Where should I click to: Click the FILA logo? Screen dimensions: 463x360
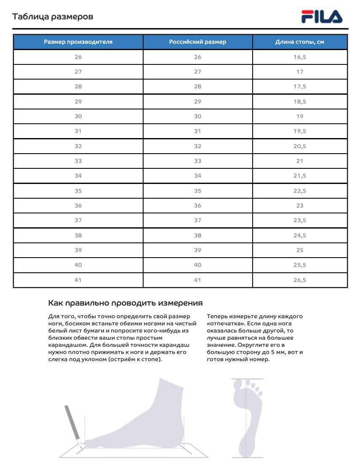pos(322,17)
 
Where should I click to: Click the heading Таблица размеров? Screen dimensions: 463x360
pos(53,17)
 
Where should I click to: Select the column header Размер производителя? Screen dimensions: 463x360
pos(78,42)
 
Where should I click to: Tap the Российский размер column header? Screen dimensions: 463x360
pos(197,42)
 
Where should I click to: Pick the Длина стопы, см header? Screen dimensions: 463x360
pos(300,42)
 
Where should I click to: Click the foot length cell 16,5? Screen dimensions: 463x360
pos(300,57)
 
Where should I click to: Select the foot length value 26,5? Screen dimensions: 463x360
pos(300,280)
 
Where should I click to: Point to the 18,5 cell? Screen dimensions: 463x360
pos(300,101)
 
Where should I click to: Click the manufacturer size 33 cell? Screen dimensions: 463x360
pos(78,161)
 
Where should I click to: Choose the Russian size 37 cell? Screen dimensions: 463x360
pos(197,221)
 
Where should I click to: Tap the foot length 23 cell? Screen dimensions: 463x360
pos(300,205)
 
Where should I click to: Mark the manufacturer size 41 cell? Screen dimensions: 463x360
pos(78,280)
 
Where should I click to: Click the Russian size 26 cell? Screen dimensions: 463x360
pos(197,57)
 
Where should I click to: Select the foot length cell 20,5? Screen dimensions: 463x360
pos(300,146)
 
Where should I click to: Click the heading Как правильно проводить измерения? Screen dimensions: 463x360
pos(125,303)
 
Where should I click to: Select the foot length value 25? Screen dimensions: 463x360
pos(300,250)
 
